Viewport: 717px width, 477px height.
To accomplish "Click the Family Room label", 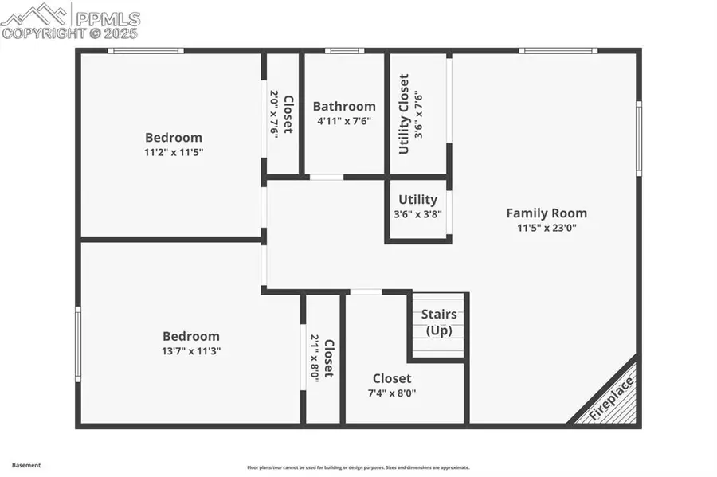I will [x=547, y=213].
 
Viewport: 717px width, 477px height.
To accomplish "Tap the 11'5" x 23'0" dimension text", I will [x=547, y=227].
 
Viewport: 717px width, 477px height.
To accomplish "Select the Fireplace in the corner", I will [x=612, y=398].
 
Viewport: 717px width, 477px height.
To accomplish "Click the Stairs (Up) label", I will [x=439, y=322].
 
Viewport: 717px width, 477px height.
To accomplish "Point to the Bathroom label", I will [x=344, y=106].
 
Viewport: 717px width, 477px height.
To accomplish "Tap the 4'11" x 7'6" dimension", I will [x=344, y=121].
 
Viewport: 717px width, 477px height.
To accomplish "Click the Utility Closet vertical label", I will [x=404, y=114].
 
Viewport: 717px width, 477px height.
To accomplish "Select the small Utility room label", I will [x=417, y=200].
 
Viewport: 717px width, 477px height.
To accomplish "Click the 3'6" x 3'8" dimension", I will [x=417, y=214].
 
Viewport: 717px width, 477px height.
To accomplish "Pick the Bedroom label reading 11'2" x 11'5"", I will [x=173, y=137].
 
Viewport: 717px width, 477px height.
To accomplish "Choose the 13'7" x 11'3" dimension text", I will [x=191, y=350].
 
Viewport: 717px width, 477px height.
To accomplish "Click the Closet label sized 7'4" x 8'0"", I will [x=392, y=378].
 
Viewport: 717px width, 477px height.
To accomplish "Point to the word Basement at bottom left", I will [x=25, y=465].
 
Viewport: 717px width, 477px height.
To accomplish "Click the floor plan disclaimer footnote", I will [x=358, y=467].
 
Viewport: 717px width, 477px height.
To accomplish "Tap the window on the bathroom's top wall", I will [x=344, y=51].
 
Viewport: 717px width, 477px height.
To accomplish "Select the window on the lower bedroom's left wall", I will [x=78, y=344].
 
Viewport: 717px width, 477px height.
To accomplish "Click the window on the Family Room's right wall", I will [x=639, y=137].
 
